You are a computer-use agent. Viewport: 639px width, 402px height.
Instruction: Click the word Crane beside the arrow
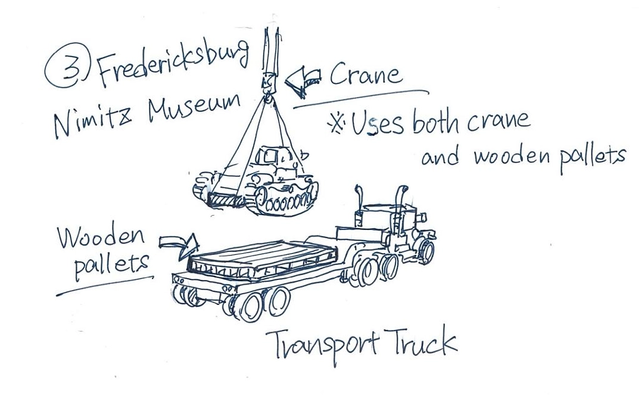click(x=364, y=76)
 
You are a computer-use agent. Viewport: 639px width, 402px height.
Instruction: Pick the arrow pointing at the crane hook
click(x=302, y=82)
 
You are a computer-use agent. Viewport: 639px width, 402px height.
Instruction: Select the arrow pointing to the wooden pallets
click(x=179, y=244)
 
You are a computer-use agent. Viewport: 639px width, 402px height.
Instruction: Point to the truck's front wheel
click(x=425, y=251)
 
